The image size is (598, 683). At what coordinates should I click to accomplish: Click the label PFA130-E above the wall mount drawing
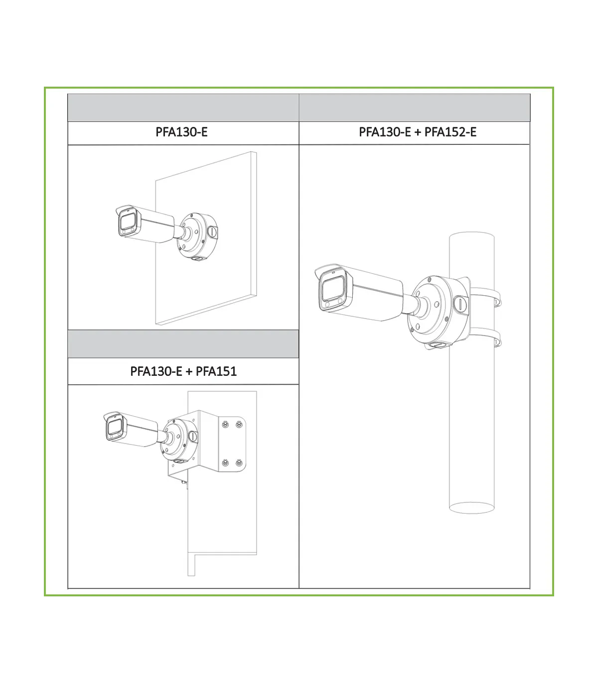pos(181,132)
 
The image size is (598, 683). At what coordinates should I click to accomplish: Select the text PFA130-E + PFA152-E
pos(418,132)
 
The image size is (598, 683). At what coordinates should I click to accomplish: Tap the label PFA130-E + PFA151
pos(183,371)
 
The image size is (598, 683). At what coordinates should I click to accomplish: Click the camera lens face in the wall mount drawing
pos(127,221)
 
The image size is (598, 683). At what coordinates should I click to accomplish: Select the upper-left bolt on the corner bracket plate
pos(226,424)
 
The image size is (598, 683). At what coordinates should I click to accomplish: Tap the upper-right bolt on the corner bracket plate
pos(239,424)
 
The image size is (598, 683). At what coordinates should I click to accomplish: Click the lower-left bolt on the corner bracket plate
pos(226,462)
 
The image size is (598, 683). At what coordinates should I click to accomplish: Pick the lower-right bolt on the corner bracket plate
pos(239,462)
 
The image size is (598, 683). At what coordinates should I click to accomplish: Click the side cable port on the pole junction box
pos(461,304)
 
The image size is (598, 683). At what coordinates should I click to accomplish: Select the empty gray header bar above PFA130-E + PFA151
pos(183,344)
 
